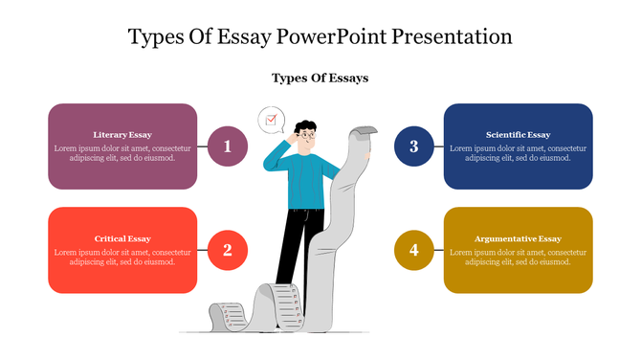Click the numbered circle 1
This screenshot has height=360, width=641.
click(228, 146)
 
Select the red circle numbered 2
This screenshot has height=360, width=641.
click(228, 250)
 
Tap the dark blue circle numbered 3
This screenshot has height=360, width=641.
click(414, 146)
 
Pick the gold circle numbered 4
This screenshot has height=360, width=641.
click(414, 250)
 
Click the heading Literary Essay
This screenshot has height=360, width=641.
click(122, 135)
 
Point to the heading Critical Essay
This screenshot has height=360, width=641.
click(122, 238)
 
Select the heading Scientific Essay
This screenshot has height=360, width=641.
click(518, 135)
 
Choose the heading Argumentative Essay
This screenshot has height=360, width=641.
click(518, 238)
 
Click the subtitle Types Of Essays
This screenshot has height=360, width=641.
click(320, 78)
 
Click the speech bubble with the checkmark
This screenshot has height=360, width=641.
click(271, 120)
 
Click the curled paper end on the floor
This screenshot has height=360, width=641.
click(224, 313)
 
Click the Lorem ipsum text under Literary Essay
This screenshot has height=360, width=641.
click(122, 153)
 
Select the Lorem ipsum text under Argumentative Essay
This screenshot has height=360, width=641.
click(518, 257)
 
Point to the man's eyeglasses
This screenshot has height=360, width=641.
click(305, 136)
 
